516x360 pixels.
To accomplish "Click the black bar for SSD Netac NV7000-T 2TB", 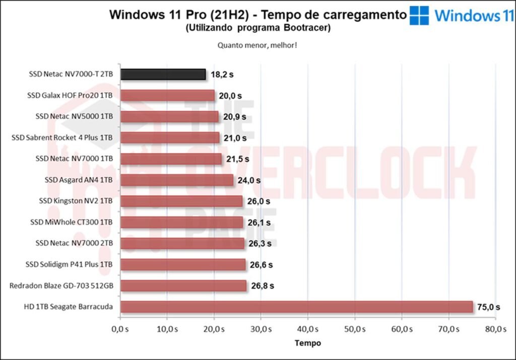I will pos(163,75).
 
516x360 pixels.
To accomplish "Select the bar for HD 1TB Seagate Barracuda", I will pos(296,307).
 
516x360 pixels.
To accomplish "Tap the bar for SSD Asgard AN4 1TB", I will pos(177,180).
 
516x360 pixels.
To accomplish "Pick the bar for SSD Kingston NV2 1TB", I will pos(181,201).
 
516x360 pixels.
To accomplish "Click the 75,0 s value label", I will pos(489,307).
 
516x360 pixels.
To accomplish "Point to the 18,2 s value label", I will pos(222,75).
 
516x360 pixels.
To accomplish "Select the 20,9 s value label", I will pos(234,117).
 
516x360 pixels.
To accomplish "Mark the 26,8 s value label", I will pos(263,286).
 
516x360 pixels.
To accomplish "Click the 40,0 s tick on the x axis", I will pos(307,329).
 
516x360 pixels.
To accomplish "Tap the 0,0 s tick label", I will pos(120,329).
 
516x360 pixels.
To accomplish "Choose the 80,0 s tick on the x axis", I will pos(495,329).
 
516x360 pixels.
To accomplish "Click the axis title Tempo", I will pos(307,343).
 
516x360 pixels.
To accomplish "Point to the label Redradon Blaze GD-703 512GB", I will pos(61,286).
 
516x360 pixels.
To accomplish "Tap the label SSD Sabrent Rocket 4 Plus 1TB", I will pos(62,138).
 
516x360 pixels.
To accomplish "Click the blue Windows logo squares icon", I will pos(419,16).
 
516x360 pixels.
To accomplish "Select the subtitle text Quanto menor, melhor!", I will pos(257,45).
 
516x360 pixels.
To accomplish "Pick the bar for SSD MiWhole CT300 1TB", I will pos(182,223).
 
